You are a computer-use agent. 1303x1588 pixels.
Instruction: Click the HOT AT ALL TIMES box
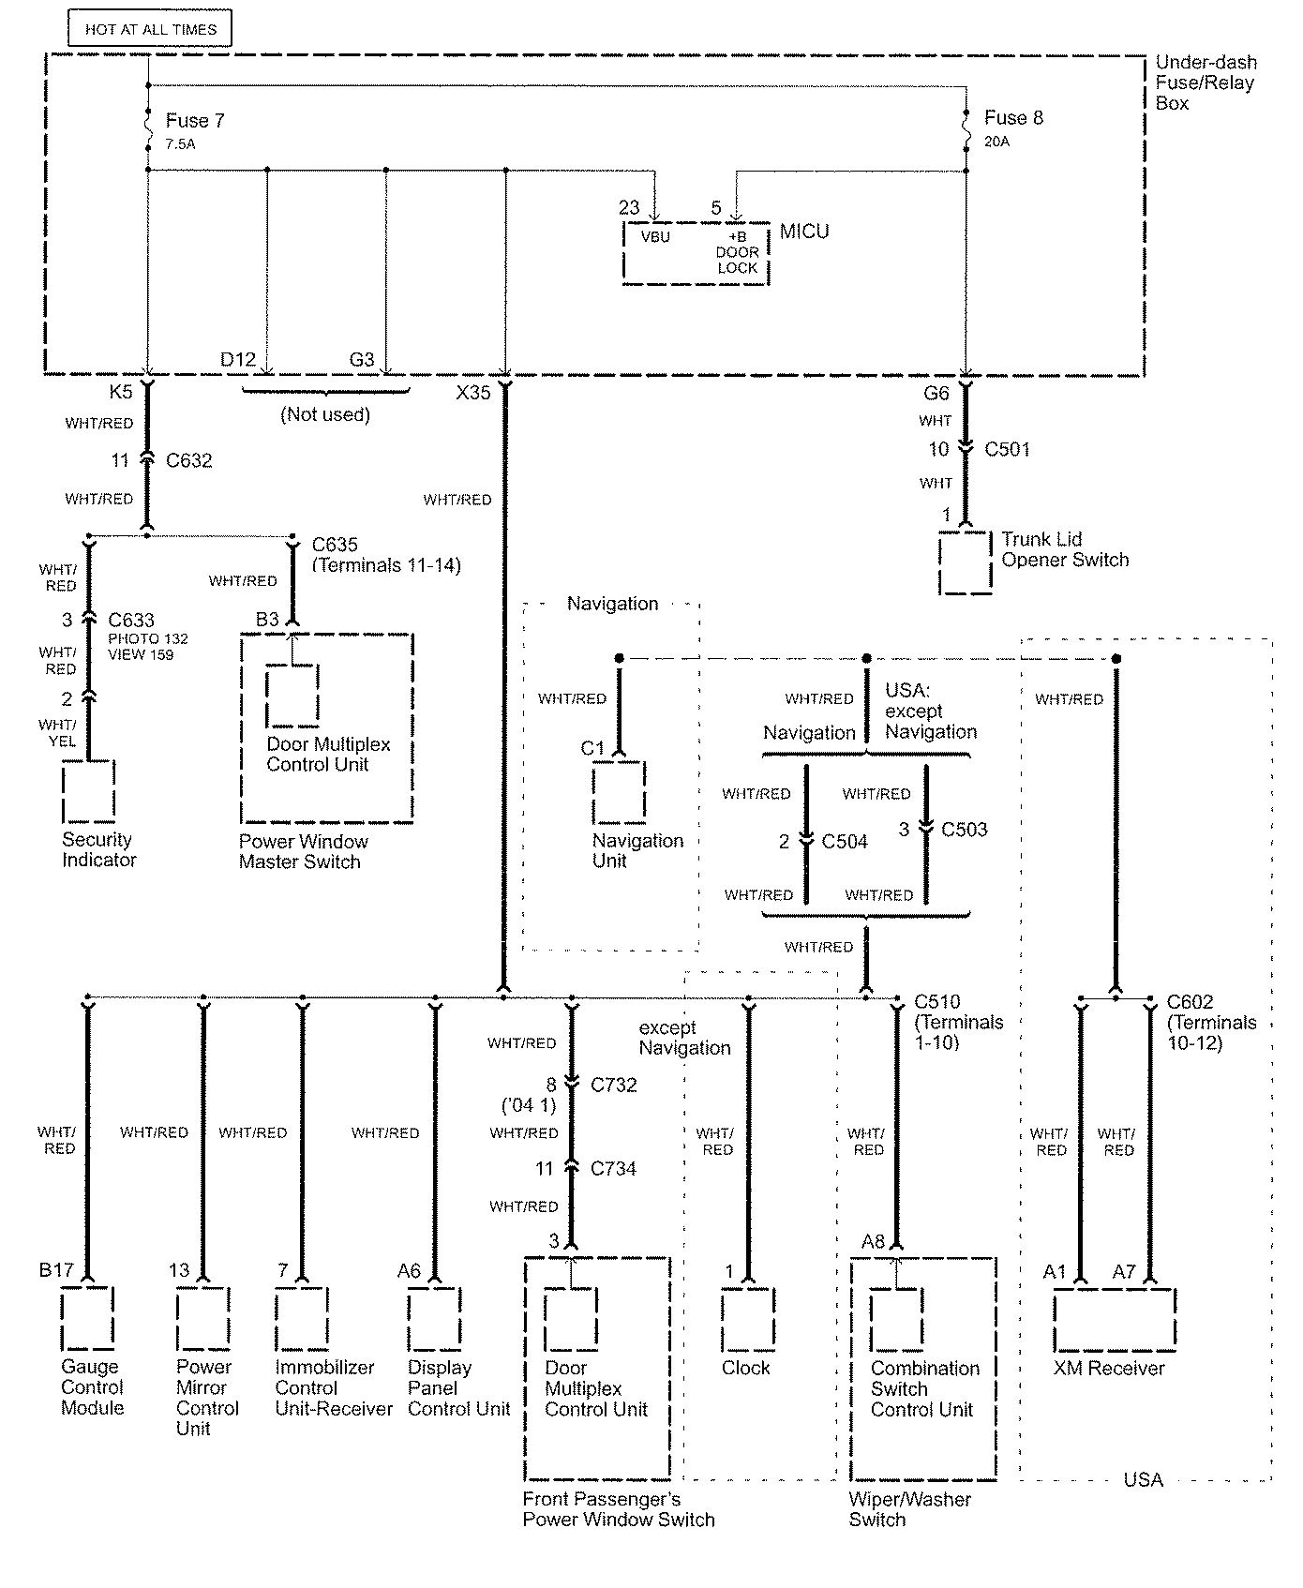(150, 29)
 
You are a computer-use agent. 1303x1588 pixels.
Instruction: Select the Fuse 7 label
(195, 121)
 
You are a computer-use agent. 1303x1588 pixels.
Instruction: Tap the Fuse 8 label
(1013, 118)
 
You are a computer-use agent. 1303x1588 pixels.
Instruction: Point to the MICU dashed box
(696, 253)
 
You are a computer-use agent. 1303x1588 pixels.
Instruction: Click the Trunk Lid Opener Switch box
(966, 562)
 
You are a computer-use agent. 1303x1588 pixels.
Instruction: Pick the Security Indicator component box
(89, 792)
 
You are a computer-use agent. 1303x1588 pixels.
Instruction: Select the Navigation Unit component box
(619, 792)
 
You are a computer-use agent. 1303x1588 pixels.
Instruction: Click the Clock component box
(748, 1318)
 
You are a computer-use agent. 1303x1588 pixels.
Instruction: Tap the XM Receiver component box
(1115, 1319)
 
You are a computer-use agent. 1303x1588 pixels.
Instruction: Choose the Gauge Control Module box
(88, 1318)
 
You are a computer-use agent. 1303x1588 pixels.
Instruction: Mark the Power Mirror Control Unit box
(203, 1318)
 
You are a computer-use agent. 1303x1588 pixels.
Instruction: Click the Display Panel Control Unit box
(435, 1318)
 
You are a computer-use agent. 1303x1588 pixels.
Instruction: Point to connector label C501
(1007, 450)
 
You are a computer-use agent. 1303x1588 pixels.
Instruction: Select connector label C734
(613, 1169)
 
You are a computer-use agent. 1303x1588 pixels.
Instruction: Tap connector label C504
(845, 842)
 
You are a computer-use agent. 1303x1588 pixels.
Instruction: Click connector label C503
(964, 830)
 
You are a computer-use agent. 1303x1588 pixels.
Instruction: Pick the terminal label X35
(473, 393)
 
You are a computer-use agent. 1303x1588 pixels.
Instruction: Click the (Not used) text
(325, 414)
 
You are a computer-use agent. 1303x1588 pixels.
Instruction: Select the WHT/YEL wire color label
(57, 732)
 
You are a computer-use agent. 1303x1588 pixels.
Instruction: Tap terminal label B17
(56, 1270)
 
